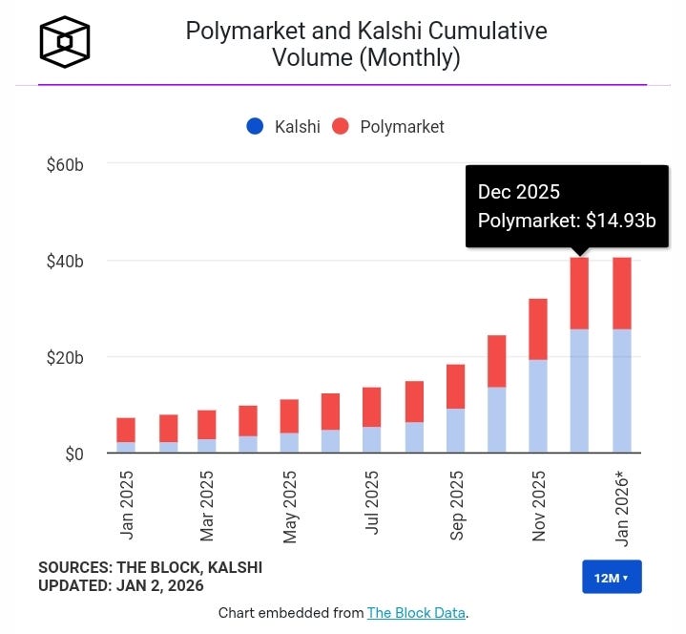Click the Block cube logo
(64, 43)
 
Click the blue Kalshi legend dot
(254, 126)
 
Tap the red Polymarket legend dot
(342, 126)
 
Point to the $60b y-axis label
(65, 165)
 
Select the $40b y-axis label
(65, 261)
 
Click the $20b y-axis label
(65, 357)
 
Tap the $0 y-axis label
(73, 454)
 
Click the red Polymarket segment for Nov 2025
(538, 329)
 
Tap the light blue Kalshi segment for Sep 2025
(455, 431)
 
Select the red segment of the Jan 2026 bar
(621, 293)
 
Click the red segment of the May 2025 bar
(290, 415)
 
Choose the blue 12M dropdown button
(612, 578)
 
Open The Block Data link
(416, 613)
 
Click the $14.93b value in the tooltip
(621, 221)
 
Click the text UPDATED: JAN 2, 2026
(121, 585)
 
